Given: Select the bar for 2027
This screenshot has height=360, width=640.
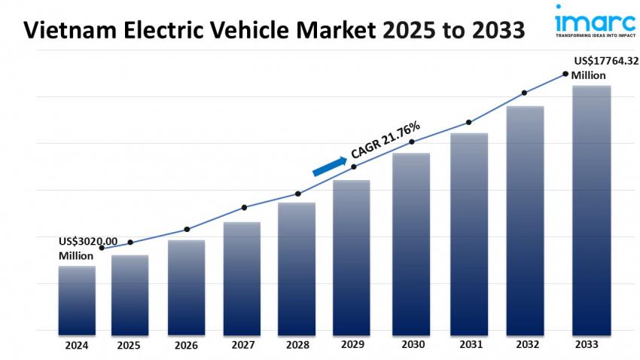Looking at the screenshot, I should tap(242, 278).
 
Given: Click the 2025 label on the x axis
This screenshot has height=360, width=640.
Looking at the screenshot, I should tap(130, 345).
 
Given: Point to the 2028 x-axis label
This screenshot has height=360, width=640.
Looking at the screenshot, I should tap(297, 345).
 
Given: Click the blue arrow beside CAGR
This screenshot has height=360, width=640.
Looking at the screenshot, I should tap(329, 165).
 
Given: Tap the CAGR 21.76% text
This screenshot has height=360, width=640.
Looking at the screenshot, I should tap(385, 139).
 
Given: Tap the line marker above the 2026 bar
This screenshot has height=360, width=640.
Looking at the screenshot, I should tap(187, 229).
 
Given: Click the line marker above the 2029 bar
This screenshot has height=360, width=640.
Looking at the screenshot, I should tap(354, 166).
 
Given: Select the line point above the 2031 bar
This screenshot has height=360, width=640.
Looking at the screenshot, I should tap(468, 122).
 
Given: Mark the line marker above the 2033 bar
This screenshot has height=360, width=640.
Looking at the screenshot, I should tap(565, 74).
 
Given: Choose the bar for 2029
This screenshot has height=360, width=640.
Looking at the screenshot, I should tap(352, 257).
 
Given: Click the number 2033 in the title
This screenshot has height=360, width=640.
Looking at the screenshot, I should tap(497, 31).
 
